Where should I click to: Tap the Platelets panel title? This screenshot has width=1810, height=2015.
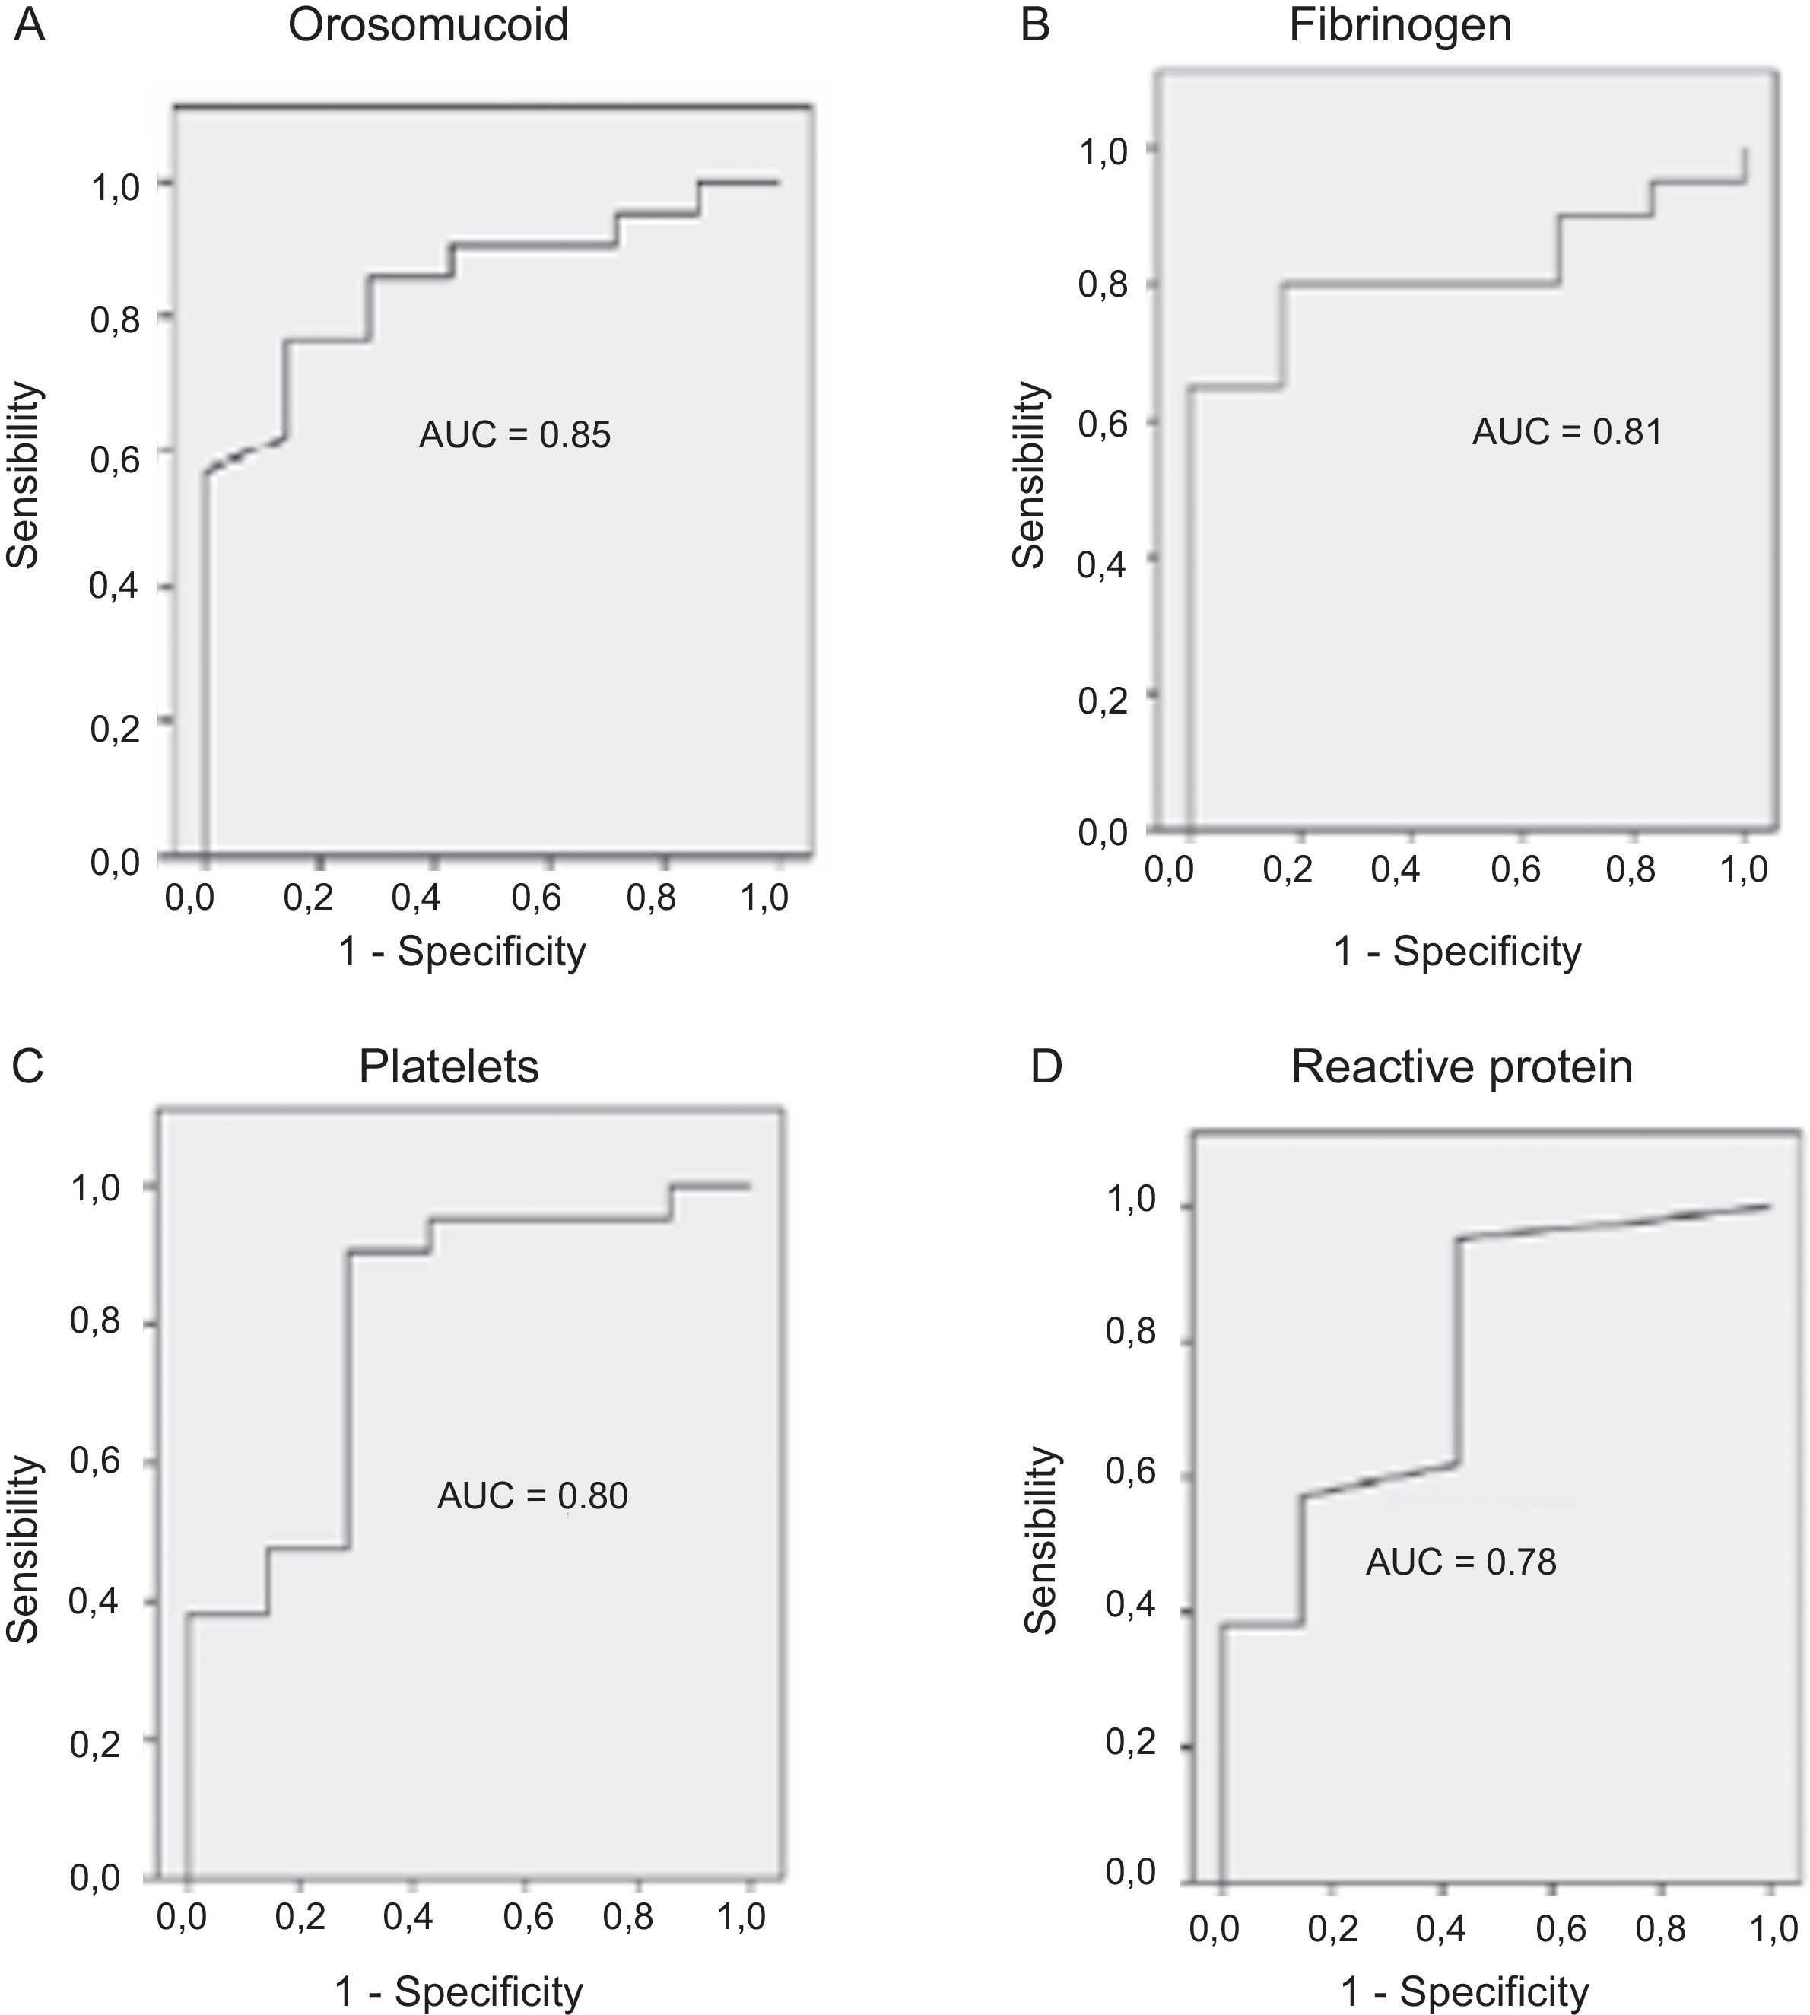(449, 1067)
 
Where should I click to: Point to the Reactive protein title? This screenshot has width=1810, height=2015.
(1461, 1067)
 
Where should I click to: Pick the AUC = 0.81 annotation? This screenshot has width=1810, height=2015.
(1567, 431)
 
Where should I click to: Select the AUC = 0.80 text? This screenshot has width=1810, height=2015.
(532, 1495)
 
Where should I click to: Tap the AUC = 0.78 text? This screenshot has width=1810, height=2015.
(1460, 1562)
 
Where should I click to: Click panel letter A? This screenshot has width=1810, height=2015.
(30, 26)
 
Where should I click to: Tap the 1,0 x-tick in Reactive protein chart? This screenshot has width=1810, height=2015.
(1773, 1930)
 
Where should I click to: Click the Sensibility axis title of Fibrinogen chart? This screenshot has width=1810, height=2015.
(1029, 475)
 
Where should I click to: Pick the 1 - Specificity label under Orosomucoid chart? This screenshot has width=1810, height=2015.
(462, 952)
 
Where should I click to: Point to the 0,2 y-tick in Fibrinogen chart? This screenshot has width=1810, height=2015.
(1103, 699)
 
